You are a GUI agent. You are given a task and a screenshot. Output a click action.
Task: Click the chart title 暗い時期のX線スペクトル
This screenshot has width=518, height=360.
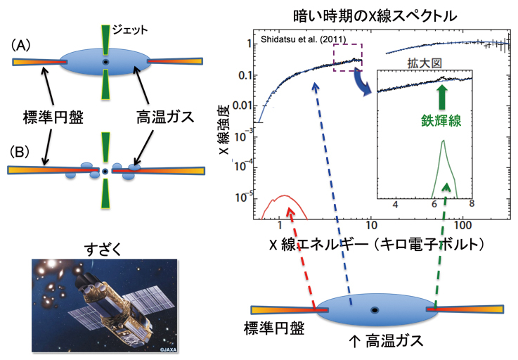click(375, 16)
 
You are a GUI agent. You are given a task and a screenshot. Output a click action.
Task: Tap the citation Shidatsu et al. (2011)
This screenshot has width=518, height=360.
click(303, 39)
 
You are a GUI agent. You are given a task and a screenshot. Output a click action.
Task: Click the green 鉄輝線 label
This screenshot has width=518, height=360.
click(441, 120)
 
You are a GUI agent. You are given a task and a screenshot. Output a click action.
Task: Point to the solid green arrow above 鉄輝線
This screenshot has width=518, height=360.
click(441, 98)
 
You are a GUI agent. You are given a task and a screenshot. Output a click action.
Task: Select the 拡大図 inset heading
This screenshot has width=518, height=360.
click(425, 63)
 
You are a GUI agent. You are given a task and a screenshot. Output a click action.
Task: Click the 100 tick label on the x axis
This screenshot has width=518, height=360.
click(463, 225)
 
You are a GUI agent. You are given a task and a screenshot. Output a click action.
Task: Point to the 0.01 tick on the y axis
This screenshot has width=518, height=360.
click(242, 105)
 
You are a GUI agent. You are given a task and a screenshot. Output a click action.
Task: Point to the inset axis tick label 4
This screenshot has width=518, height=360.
click(395, 204)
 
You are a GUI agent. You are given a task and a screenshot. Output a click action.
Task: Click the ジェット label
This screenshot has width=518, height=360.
click(130, 30)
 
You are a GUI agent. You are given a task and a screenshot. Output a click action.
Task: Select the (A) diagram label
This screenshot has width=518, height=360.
click(21, 45)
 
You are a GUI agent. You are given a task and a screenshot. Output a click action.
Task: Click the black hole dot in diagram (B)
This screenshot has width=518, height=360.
click(105, 172)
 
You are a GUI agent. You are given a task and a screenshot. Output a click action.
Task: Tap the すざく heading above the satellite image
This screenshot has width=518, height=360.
click(103, 250)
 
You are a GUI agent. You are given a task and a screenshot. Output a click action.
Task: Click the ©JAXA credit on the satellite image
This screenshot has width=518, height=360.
click(169, 349)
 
